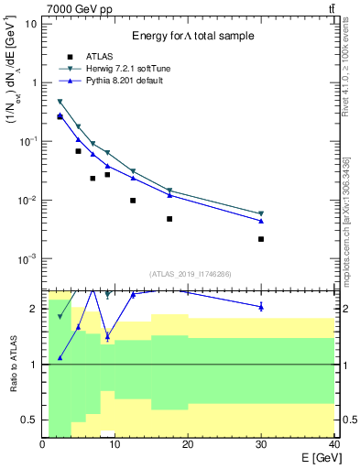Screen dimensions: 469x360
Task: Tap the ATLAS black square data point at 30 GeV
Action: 261,239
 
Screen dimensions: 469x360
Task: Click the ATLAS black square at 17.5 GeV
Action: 169,219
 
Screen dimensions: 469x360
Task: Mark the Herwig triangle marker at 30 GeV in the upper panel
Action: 261,213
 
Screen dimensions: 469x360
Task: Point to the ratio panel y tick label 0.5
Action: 31,420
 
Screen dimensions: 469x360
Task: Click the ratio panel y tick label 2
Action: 35,309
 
